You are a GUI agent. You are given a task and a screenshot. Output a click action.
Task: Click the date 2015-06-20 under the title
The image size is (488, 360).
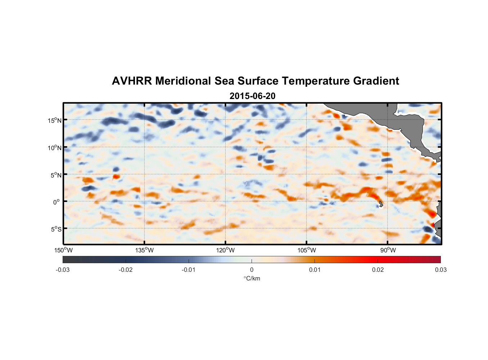[x=252, y=96]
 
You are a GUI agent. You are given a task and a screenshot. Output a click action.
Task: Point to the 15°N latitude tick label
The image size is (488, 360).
[x=55, y=120]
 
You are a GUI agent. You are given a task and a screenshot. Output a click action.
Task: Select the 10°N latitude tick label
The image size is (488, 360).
[x=55, y=148]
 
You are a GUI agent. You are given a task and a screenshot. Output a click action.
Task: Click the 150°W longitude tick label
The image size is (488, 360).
[x=64, y=250]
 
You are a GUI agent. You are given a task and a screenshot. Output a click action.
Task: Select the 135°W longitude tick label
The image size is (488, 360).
[x=145, y=250]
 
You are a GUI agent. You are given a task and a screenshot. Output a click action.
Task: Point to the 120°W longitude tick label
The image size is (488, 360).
[x=226, y=250]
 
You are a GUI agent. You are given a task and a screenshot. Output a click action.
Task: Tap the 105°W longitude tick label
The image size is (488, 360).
[x=307, y=250]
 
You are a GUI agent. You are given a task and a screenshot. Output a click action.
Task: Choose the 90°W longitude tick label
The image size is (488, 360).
[x=388, y=250]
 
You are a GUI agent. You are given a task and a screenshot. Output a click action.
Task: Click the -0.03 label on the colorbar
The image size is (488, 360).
[x=63, y=270]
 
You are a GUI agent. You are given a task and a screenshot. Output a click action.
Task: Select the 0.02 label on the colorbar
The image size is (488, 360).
[x=378, y=270]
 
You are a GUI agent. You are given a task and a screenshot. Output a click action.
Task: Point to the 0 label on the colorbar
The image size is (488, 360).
[x=252, y=270]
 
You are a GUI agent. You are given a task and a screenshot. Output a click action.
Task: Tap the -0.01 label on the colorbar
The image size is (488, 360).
[x=189, y=270]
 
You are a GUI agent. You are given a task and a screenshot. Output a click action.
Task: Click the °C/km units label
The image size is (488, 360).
[x=252, y=278]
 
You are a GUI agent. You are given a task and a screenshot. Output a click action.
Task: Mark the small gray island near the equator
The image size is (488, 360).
[x=381, y=204]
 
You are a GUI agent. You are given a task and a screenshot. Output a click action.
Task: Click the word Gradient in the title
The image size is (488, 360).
[x=376, y=81]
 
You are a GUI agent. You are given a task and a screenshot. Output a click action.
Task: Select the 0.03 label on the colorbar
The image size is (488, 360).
[x=440, y=270]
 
